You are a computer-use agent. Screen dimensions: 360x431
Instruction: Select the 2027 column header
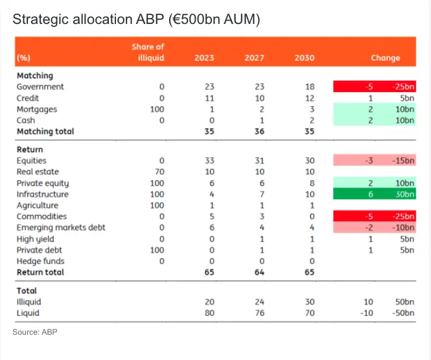tap(254, 58)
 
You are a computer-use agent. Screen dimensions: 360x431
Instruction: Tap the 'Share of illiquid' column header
tap(148, 52)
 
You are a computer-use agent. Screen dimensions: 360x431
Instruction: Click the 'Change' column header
tap(385, 58)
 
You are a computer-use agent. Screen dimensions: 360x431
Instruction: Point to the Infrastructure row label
tap(42, 194)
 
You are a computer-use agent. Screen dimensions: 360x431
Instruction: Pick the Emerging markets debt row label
tap(61, 227)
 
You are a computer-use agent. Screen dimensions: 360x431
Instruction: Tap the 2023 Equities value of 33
tap(209, 161)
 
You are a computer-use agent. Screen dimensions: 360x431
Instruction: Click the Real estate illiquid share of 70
tap(159, 172)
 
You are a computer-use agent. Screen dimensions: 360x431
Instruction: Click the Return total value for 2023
tap(209, 273)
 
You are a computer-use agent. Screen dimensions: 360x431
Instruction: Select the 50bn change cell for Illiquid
tap(404, 302)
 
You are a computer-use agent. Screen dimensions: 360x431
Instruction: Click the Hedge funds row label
tap(40, 261)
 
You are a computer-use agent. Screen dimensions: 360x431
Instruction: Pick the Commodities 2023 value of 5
tap(211, 216)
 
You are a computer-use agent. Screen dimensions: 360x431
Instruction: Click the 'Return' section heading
tap(30, 150)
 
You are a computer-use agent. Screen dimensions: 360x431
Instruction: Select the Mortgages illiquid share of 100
tap(157, 109)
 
